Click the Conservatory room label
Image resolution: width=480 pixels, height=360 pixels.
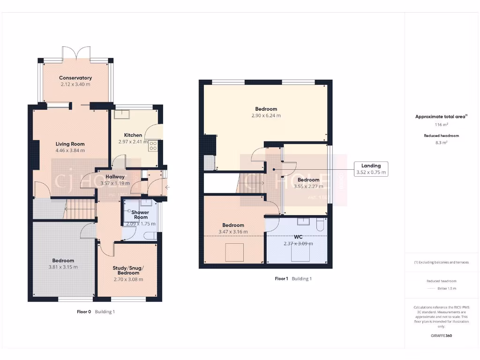[x=75, y=78]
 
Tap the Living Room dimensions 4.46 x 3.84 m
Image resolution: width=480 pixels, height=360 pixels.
[x=70, y=150]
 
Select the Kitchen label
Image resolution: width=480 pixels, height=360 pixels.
[x=133, y=135]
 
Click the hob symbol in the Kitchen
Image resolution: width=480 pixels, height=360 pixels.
[x=153, y=146]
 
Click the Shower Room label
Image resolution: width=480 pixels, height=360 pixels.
[x=141, y=215]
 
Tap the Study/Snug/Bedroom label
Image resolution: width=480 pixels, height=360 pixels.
[x=128, y=270]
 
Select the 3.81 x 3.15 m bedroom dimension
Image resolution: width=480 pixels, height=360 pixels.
[x=63, y=267]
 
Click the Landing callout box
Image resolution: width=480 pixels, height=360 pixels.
[x=371, y=169]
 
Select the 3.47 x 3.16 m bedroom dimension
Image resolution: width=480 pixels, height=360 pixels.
[x=233, y=232]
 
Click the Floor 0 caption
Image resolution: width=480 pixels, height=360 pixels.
[x=84, y=312]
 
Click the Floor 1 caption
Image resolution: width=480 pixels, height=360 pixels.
[x=281, y=278]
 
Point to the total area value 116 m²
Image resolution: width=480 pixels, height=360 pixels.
[x=441, y=125]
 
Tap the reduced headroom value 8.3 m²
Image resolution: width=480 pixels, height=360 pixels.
[x=441, y=142]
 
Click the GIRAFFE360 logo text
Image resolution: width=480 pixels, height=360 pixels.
[x=441, y=336]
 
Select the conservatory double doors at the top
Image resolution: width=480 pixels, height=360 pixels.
[x=76, y=52]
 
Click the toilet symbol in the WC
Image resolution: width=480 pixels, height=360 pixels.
[x=320, y=225]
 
